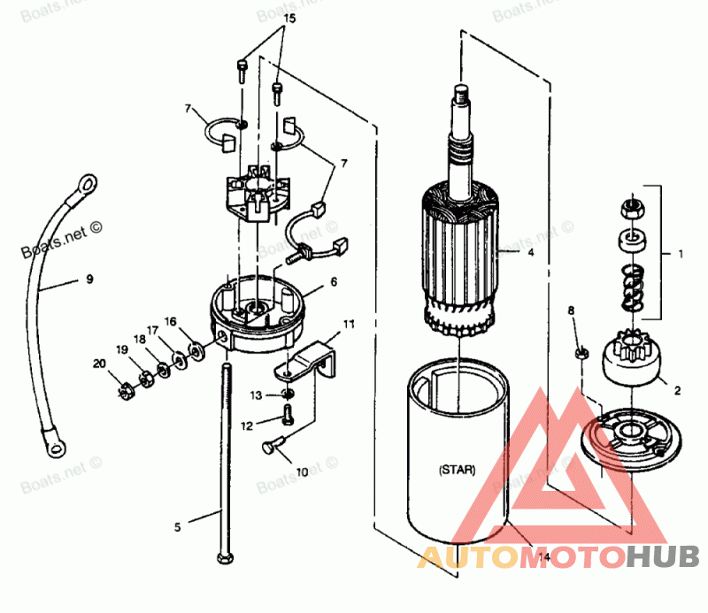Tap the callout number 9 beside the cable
pos(89,280)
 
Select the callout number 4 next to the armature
pos(530,252)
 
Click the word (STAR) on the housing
pos(457,470)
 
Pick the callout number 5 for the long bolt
pos(177,527)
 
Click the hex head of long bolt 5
pos(221,558)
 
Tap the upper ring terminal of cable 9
pos(87,183)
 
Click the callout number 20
pos(99,364)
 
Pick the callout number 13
pos(256,395)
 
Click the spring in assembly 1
pos(630,288)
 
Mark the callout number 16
pos(171,322)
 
